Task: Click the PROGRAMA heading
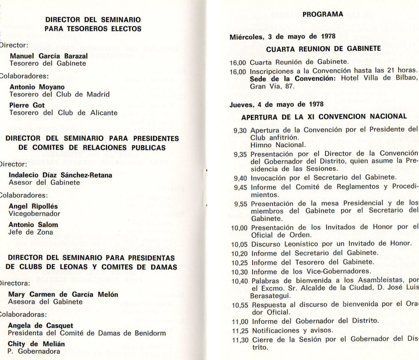[323, 14]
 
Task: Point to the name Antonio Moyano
[37, 87]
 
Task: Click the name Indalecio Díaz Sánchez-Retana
[61, 175]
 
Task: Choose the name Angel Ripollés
[33, 206]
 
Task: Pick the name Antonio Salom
[34, 225]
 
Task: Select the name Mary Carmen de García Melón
[63, 294]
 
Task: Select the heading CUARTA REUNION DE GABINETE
[324, 49]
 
